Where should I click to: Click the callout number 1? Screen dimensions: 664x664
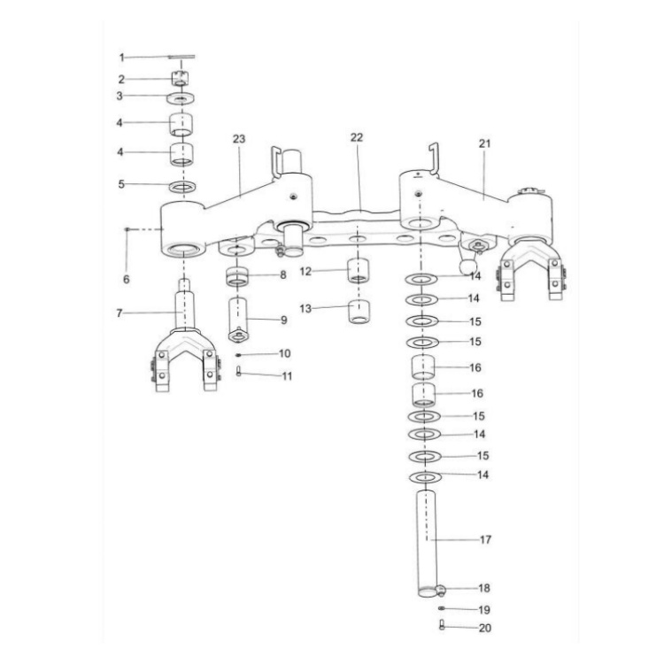123,57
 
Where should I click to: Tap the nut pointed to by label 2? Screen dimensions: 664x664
181,78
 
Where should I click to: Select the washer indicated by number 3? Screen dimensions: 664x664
181,97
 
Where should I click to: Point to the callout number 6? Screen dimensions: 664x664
126,279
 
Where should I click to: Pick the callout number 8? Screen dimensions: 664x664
283,275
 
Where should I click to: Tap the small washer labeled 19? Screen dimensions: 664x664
441,610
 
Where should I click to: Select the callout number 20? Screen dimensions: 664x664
484,629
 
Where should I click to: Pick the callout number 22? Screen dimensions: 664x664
356,137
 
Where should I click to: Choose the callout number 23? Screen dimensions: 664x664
238,139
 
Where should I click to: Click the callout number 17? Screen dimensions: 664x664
486,539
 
